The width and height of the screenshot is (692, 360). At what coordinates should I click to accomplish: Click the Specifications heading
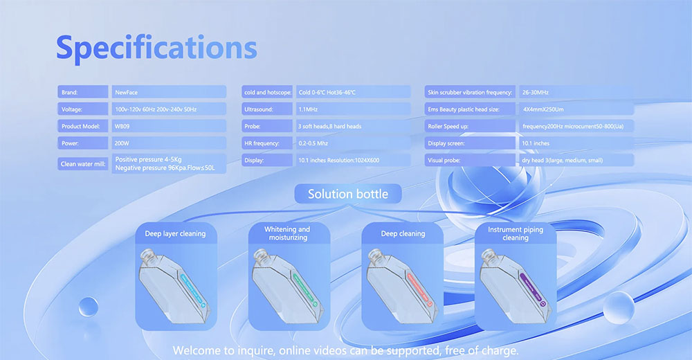click(x=156, y=48)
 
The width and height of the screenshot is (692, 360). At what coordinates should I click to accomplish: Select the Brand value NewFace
click(x=169, y=92)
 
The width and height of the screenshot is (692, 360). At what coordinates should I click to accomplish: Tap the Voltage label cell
click(x=83, y=109)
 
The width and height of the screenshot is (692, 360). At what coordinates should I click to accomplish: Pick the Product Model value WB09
click(x=169, y=126)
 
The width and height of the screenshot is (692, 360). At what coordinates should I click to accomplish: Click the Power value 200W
click(x=169, y=143)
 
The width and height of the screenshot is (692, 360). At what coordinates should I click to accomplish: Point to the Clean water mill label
click(x=83, y=164)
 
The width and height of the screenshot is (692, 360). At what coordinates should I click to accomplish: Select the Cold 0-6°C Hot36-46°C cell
click(x=353, y=92)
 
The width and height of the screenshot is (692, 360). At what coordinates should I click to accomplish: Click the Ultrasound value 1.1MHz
click(x=353, y=109)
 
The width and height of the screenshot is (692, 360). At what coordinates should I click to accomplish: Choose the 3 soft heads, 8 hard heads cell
click(x=353, y=126)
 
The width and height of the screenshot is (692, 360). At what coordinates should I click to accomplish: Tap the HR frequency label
click(x=267, y=143)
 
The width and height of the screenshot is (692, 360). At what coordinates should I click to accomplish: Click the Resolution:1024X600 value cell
click(x=353, y=160)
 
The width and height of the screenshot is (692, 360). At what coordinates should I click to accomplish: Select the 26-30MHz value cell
click(x=576, y=92)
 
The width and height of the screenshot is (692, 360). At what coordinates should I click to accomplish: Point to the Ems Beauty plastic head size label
click(x=470, y=109)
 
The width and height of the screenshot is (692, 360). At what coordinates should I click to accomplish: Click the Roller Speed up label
click(x=470, y=126)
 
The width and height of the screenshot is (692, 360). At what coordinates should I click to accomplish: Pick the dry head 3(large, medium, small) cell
click(x=576, y=160)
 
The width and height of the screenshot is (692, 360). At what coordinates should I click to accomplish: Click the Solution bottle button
click(x=348, y=194)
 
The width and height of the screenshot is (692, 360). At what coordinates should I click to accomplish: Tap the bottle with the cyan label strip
click(x=174, y=286)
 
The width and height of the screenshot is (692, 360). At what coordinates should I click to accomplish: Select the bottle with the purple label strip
click(x=515, y=286)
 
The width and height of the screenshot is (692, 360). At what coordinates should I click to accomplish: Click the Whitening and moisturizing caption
click(x=287, y=233)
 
